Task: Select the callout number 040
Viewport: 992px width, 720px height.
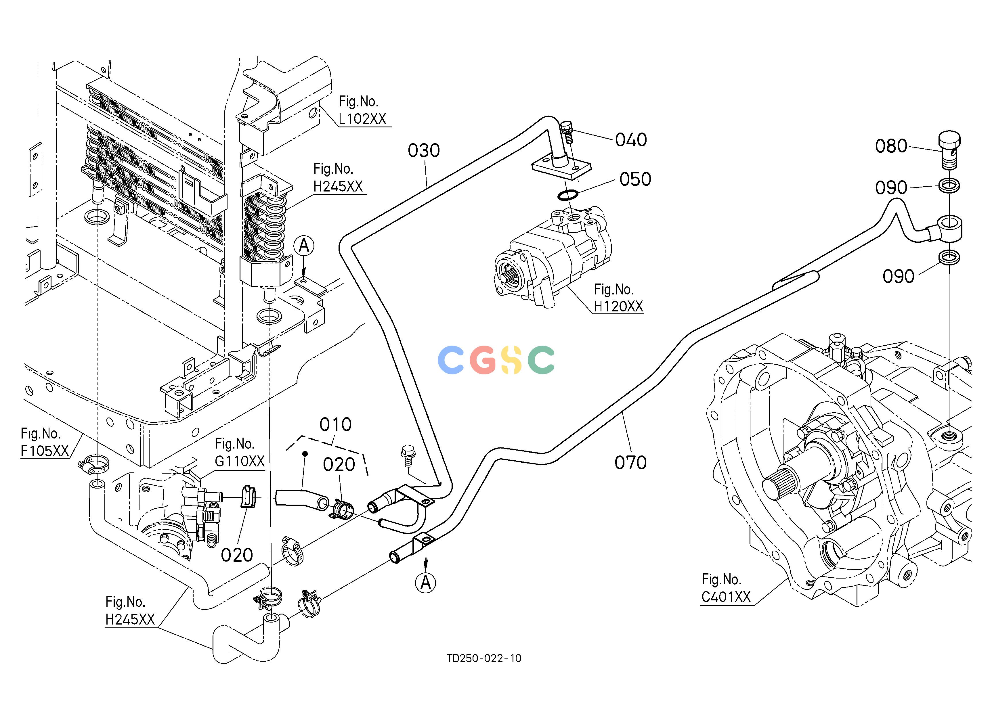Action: pyautogui.click(x=631, y=140)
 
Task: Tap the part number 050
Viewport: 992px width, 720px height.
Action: pyautogui.click(x=635, y=179)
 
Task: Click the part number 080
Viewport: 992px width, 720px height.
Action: pyautogui.click(x=891, y=146)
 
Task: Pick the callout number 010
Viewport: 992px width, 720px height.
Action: pyautogui.click(x=335, y=424)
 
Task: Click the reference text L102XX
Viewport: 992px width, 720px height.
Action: pyautogui.click(x=363, y=119)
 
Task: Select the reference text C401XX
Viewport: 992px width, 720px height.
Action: pyautogui.click(x=726, y=597)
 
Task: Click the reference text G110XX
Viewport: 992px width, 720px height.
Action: pyautogui.click(x=240, y=461)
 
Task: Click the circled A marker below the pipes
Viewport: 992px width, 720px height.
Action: pyautogui.click(x=426, y=583)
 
